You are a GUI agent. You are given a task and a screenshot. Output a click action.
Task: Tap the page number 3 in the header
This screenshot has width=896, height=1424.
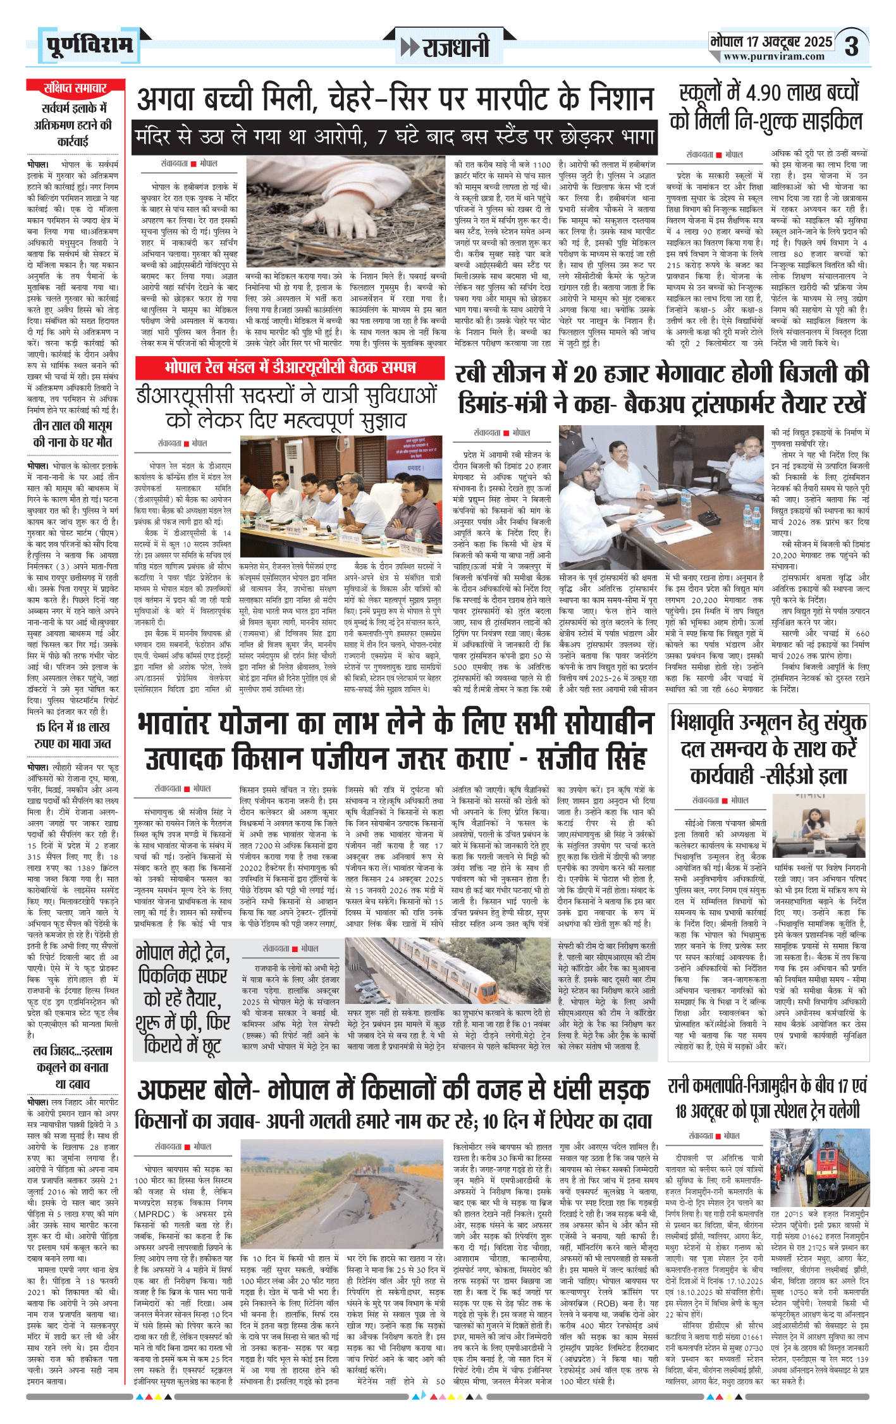tap(852, 46)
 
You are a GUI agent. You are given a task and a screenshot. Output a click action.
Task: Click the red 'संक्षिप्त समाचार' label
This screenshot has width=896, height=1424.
tap(75, 88)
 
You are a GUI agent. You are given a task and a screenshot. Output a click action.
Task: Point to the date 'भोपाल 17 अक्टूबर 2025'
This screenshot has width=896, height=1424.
tap(771, 42)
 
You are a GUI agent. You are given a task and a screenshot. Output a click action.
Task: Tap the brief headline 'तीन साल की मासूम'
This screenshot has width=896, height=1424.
tap(73, 433)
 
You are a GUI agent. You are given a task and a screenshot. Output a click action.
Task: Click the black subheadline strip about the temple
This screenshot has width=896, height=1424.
tap(393, 137)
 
